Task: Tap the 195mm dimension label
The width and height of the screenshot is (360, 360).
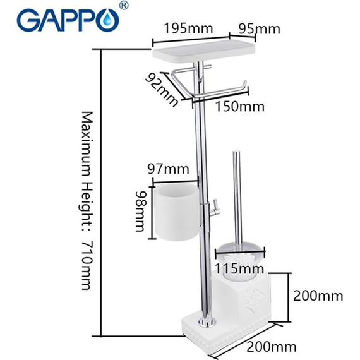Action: (x=187, y=28)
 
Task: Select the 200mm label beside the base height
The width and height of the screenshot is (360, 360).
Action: (x=318, y=295)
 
